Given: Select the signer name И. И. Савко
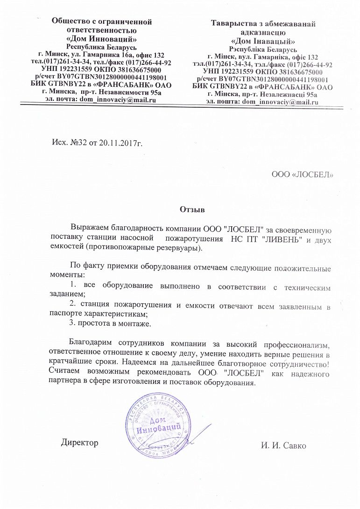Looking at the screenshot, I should pos(284,446).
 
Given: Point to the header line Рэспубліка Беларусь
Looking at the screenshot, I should pos(264,49).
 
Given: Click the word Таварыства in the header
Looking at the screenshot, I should pos(232,23).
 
